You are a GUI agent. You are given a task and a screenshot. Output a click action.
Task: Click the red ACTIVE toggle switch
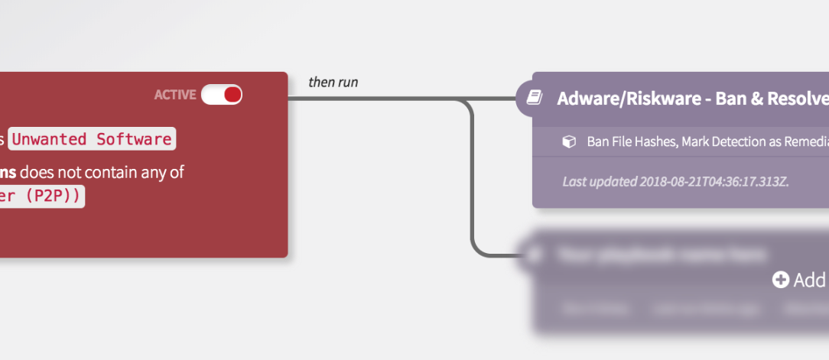click(222, 95)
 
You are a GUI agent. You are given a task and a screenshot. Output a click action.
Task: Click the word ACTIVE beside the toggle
click(175, 95)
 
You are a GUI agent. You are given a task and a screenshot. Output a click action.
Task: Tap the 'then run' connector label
click(333, 82)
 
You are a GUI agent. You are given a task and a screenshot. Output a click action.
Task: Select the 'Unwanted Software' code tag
click(92, 139)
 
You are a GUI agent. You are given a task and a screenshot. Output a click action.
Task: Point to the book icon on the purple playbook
click(535, 98)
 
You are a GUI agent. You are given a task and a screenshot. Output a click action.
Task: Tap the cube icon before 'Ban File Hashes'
click(568, 142)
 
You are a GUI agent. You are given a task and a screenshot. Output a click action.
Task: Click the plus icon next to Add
click(780, 281)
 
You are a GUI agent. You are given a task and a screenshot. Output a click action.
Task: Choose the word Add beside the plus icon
click(810, 281)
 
